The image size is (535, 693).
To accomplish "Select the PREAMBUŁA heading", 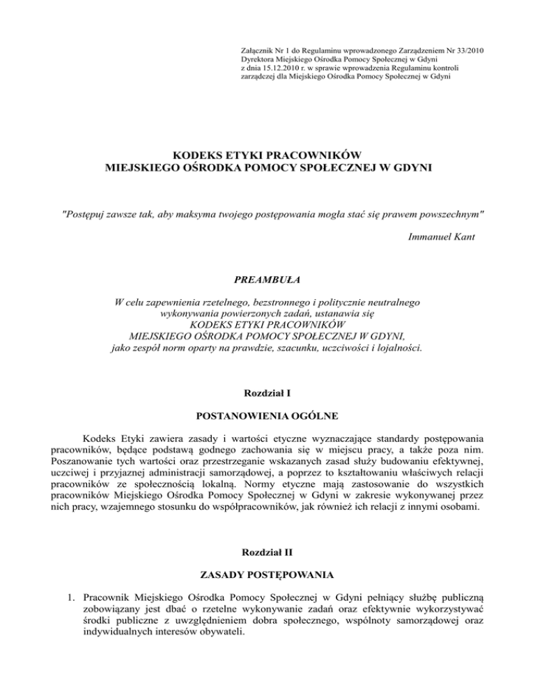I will pyautogui.click(x=267, y=281).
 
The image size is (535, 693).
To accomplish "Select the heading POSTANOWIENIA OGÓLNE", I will pyautogui.click(x=267, y=417).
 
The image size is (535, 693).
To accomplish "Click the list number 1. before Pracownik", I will pyautogui.click(x=73, y=598).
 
